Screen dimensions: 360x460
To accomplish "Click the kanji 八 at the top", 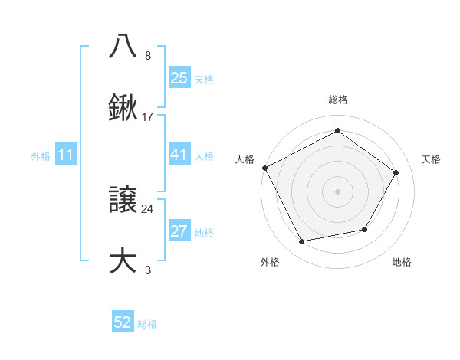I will pos(123,45).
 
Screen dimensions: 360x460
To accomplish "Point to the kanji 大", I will pos(123,260).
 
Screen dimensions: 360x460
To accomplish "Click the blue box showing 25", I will pos(179,77).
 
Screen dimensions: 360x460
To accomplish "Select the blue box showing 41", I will pos(179,155).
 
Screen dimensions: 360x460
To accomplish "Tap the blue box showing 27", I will pos(179,232).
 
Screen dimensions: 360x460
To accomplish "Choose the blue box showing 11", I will pos(66,155).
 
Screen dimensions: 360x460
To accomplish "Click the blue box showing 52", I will pos(123,323).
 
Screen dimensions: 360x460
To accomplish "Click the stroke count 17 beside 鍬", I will pos(148,117).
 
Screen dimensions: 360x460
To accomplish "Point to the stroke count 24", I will pos(147,208).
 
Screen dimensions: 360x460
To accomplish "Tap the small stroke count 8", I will pos(147,55).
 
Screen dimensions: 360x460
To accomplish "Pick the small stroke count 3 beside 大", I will pos(147,270).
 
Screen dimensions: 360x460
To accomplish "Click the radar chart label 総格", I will pos(338,100).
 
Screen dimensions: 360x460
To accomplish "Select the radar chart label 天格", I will pos(431,159).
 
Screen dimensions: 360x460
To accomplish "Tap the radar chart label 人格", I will pos(245,159).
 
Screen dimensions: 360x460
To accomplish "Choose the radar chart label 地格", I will pos(402,262).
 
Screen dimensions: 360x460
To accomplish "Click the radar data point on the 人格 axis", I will pos(265,167).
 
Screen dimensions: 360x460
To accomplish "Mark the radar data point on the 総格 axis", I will pos(338,131).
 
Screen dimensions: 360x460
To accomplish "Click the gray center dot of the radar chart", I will pos(338,191).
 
